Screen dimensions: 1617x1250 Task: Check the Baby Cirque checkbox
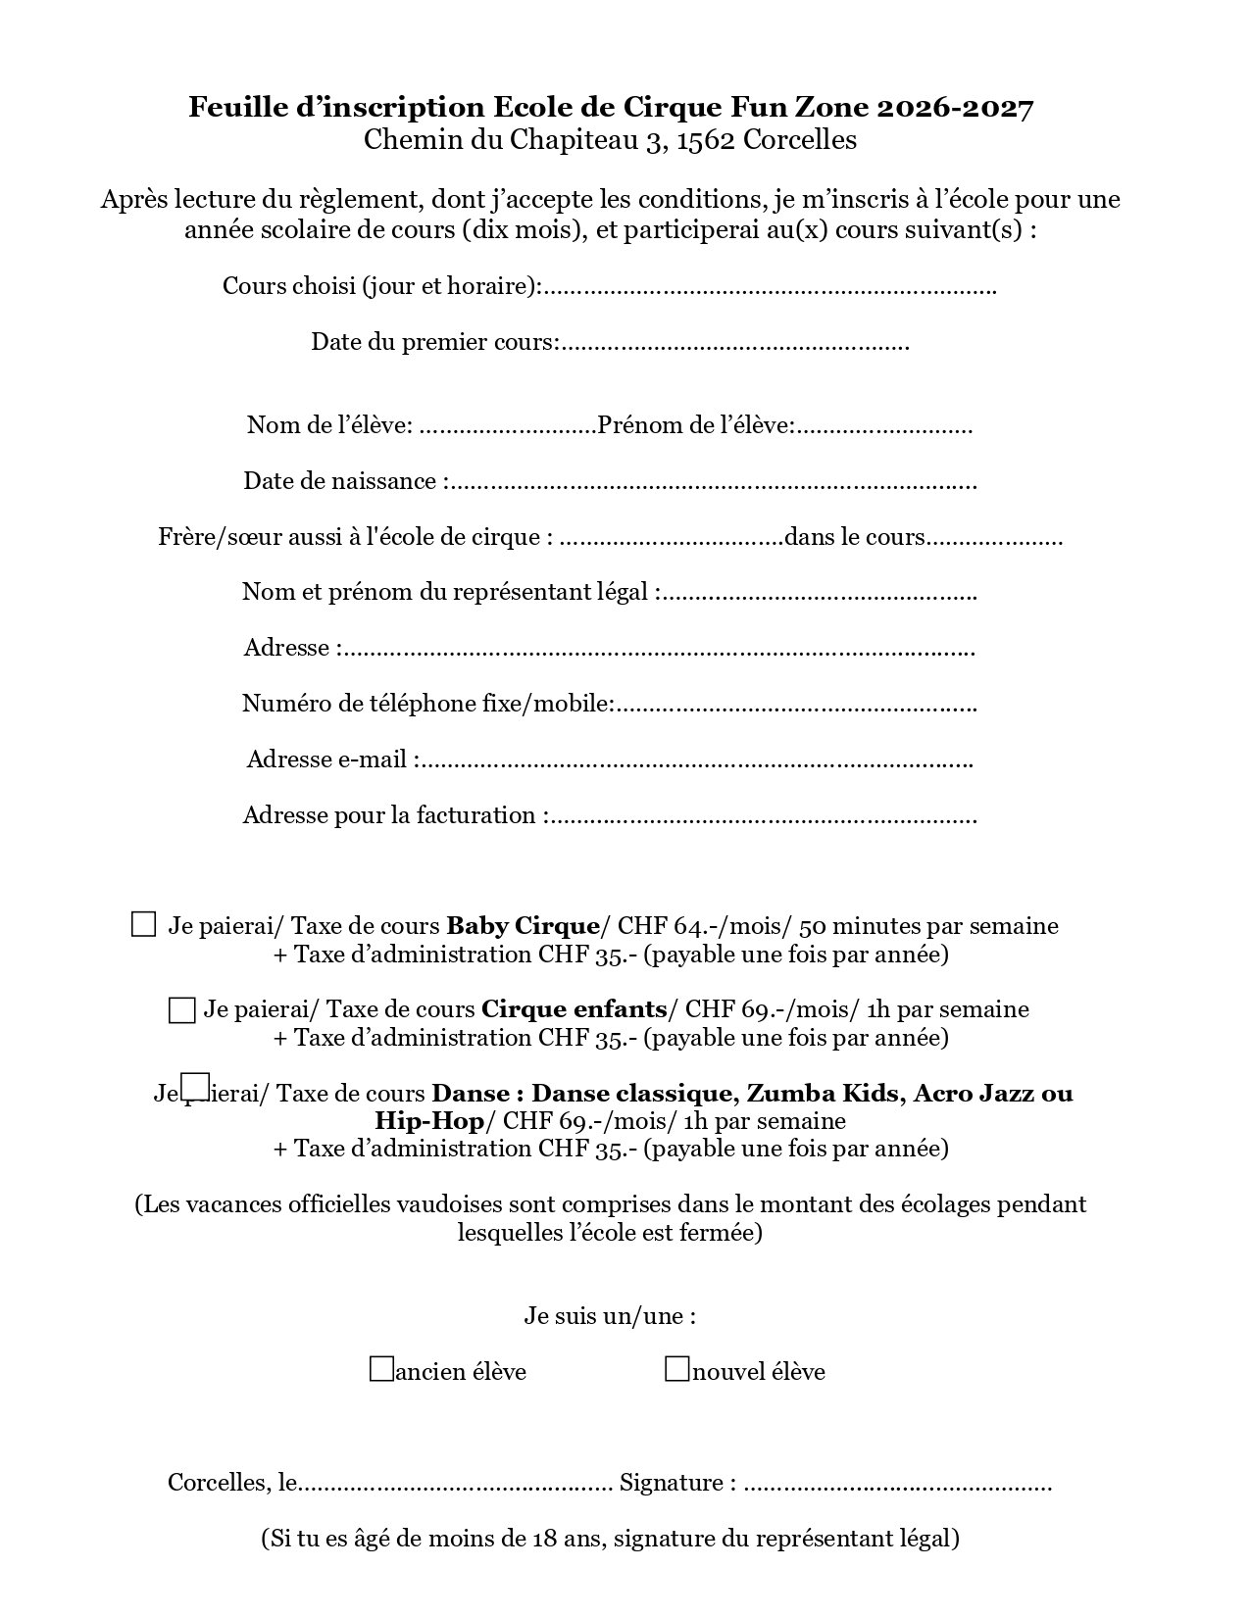pos(143,924)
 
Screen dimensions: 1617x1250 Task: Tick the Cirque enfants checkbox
pos(181,1009)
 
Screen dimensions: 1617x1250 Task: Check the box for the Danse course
pos(196,1086)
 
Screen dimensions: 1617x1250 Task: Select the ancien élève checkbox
pos(381,1369)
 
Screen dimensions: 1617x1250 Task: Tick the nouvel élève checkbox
pos(676,1369)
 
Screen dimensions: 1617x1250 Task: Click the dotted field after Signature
pos(897,1485)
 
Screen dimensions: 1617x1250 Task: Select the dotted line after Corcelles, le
pos(456,1485)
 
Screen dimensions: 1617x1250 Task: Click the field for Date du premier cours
pos(735,344)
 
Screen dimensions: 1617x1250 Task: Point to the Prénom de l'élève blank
pos(884,427)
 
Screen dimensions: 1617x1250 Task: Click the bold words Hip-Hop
pos(429,1121)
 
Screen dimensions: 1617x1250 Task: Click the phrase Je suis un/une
pos(610,1316)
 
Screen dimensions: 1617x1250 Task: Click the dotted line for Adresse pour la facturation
pos(763,817)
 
